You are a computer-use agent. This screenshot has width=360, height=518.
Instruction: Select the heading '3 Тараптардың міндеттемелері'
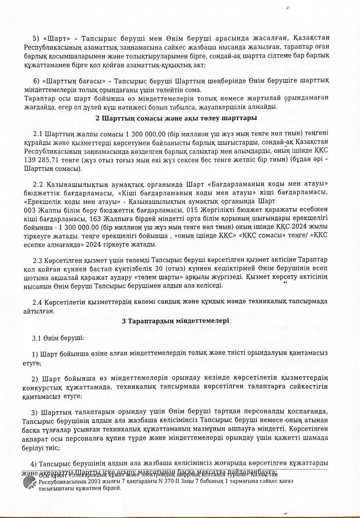point(175,321)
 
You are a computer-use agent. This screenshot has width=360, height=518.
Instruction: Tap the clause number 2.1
point(38,134)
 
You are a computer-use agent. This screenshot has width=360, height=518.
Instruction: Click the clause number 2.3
point(38,260)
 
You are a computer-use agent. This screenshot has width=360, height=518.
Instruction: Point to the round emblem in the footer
point(30,483)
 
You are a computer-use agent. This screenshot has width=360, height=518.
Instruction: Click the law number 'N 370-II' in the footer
point(152,481)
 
